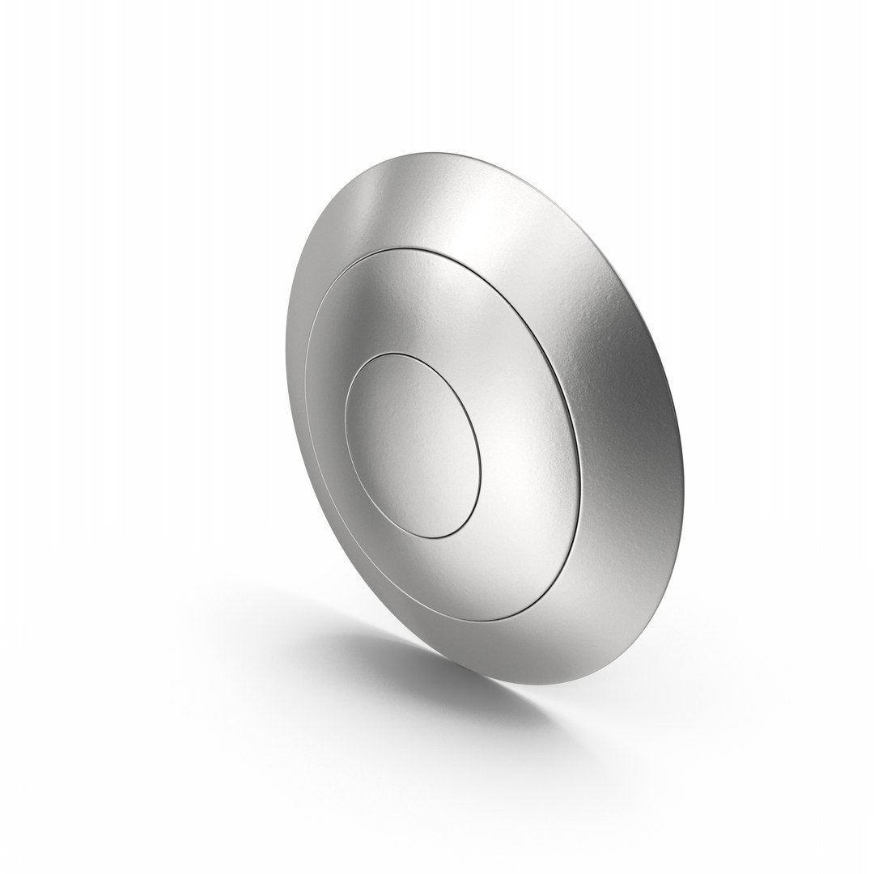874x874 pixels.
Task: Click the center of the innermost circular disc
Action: [414, 447]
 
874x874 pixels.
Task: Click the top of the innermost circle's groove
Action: [397, 354]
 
